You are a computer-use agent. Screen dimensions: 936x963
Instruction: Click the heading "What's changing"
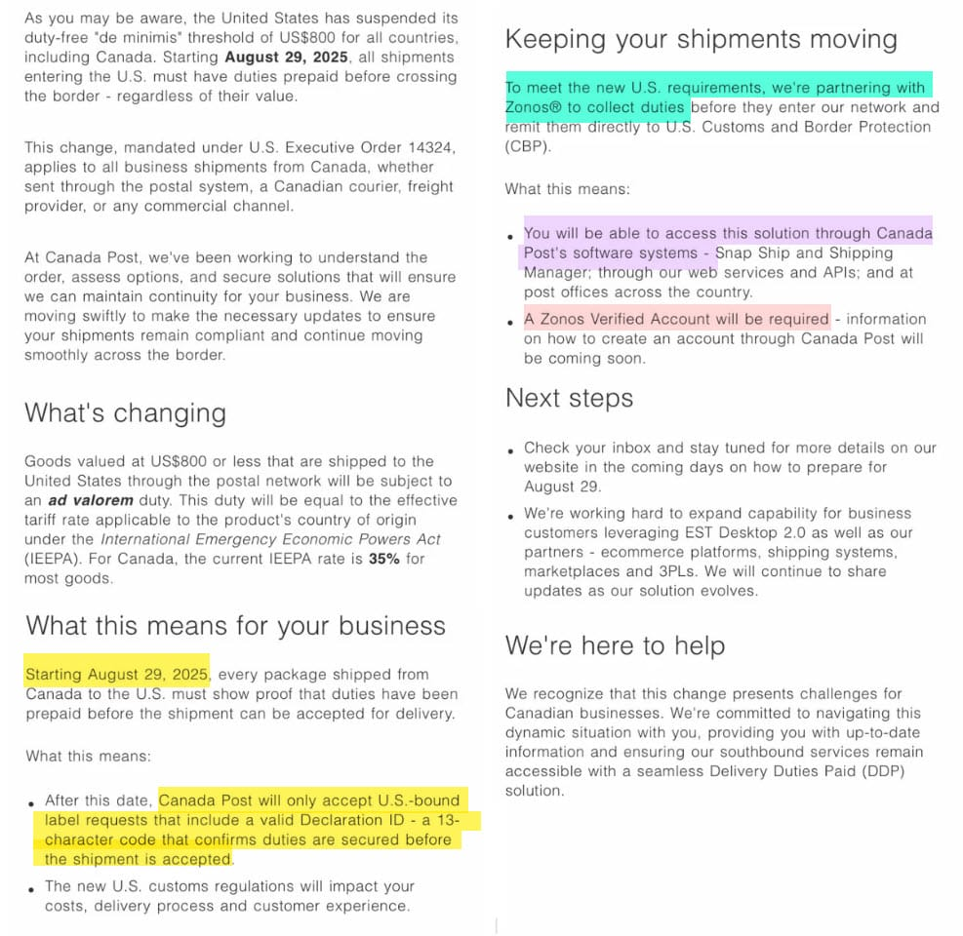tap(125, 412)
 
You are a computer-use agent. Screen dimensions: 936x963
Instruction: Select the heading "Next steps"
tap(569, 398)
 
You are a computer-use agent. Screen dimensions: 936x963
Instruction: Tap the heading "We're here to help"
tap(615, 645)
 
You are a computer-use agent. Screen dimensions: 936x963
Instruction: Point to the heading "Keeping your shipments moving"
tap(701, 40)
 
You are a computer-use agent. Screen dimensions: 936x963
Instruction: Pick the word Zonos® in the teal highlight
tap(538, 107)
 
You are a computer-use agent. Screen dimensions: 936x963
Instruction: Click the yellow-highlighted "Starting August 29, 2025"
tap(117, 674)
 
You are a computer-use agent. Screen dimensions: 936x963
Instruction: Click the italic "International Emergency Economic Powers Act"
tap(270, 539)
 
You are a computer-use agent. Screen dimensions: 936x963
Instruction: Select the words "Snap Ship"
tap(753, 253)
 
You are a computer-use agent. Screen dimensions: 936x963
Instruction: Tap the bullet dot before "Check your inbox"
tap(511, 451)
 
